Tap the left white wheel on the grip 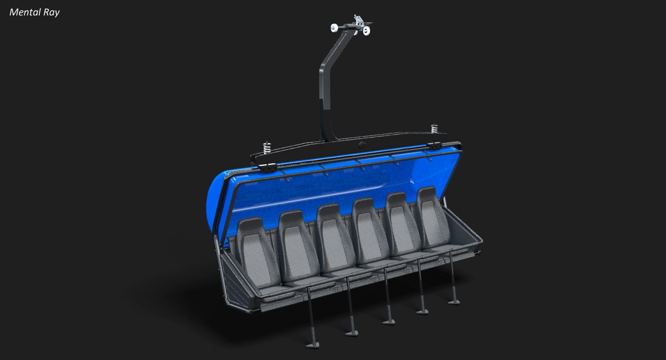tap(335, 28)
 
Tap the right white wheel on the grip tap(366, 31)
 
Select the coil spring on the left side tap(267, 148)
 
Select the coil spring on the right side tap(434, 129)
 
